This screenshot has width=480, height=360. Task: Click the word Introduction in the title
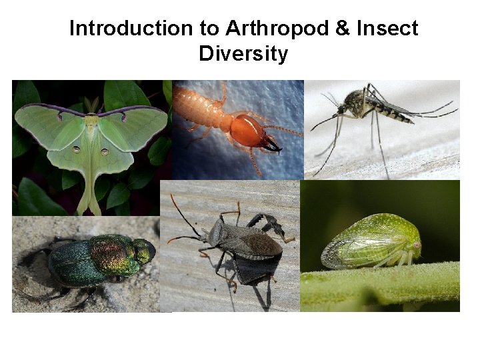pos(121,29)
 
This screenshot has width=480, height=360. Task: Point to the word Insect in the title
pos(387,29)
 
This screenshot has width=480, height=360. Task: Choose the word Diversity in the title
pos(243,53)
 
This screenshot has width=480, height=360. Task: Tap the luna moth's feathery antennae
pos(91,105)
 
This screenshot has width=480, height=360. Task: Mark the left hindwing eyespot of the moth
pos(76,149)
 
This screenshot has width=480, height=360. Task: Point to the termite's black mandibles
pos(273,143)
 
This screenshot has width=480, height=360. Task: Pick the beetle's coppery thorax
pos(110,253)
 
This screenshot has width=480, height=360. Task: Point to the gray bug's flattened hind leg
pos(271,224)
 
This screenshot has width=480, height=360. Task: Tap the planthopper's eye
pos(416,245)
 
